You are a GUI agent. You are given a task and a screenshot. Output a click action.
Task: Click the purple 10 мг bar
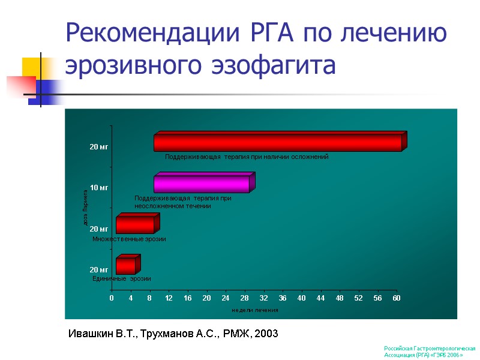pos(202,184)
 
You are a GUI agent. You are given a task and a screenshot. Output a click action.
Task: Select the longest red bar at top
pos(277,143)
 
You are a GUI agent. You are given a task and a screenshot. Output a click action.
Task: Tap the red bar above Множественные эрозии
pos(135,225)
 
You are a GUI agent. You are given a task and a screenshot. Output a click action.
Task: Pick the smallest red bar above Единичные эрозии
pos(125,266)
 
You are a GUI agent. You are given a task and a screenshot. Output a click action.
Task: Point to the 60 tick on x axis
pos(396,298)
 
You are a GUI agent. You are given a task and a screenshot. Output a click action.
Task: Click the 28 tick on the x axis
pos(245,298)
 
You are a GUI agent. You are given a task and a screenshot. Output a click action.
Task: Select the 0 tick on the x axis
pos(111,298)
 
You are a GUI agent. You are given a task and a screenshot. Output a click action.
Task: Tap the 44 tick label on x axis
pos(320,298)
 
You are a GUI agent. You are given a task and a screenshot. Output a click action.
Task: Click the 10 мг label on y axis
pos(99,188)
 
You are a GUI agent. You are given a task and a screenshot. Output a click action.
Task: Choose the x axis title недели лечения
pos(254,310)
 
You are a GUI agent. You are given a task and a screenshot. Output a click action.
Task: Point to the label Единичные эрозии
pos(122,279)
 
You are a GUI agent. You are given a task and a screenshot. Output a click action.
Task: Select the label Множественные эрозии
pos(129,239)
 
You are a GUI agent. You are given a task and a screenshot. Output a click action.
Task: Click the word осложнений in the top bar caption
pos(309,157)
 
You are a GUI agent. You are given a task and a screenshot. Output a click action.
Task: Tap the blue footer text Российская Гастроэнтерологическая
pos(430,348)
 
